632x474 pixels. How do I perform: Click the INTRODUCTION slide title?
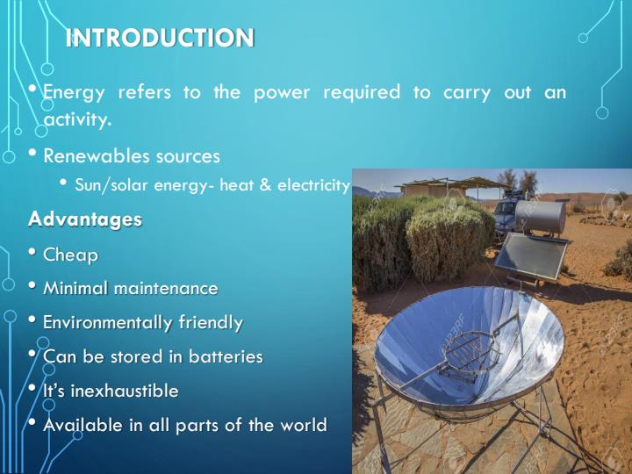tap(161, 38)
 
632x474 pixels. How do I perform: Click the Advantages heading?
tap(84, 219)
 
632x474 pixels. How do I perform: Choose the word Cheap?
tap(70, 255)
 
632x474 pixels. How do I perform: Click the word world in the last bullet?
tap(303, 425)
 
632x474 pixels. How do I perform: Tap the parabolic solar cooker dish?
tap(465, 351)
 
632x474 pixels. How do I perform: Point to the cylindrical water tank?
tap(541, 215)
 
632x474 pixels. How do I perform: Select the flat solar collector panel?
tap(531, 255)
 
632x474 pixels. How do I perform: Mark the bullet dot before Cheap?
tap(32, 255)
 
